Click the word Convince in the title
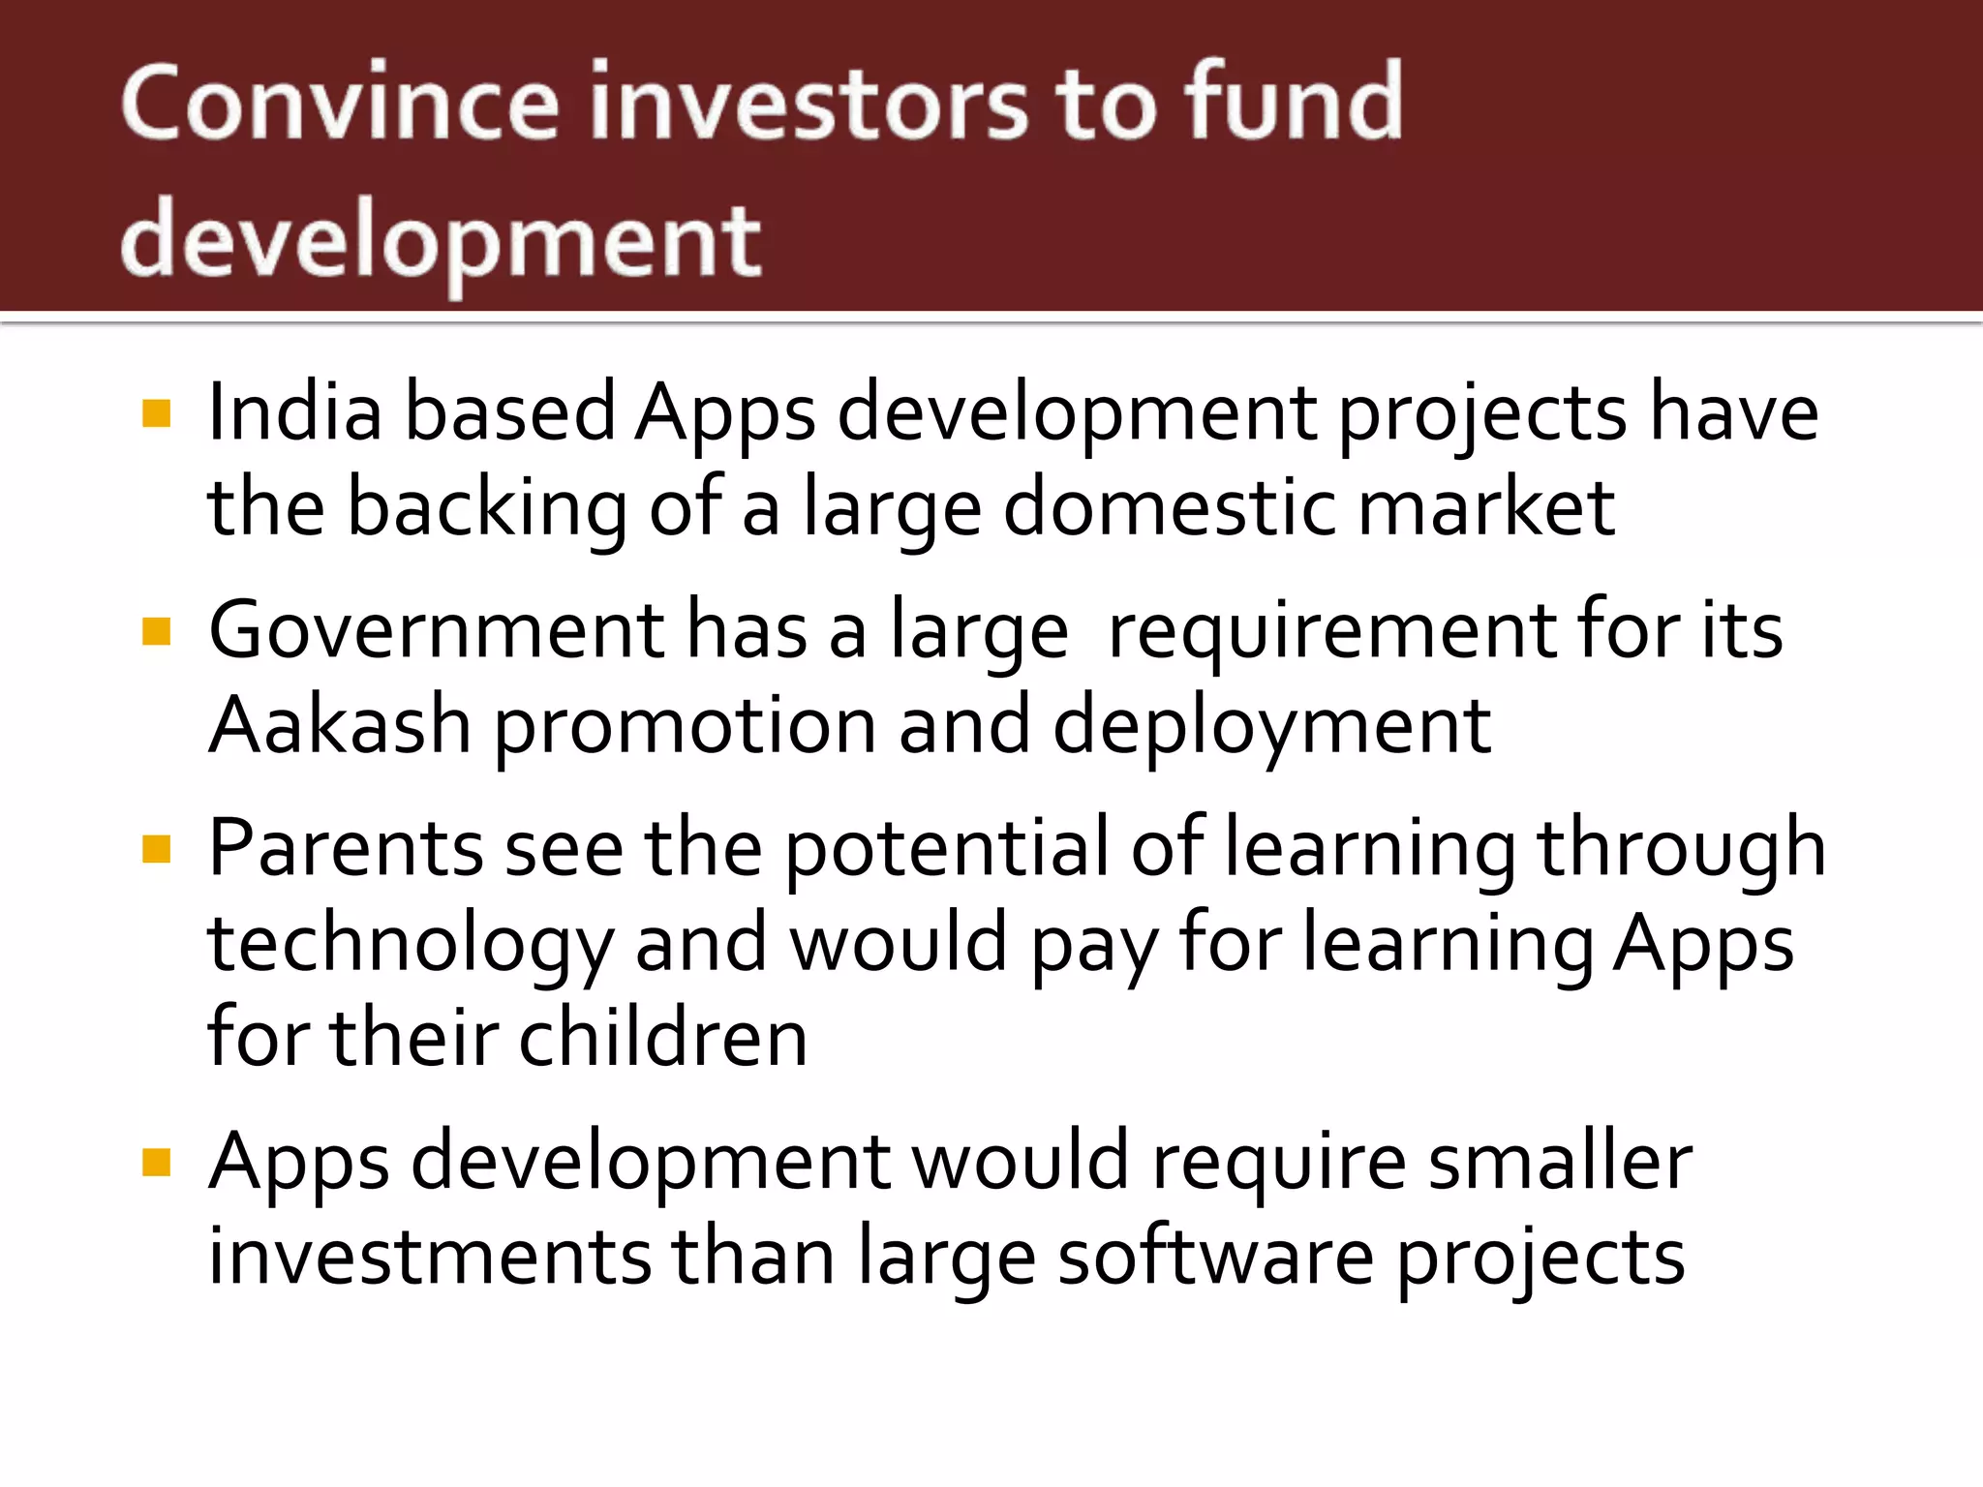click(339, 102)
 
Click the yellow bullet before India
click(156, 414)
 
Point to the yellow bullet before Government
click(156, 632)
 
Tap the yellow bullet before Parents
click(156, 849)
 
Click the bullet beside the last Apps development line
click(156, 1163)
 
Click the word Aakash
click(339, 726)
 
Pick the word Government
click(436, 631)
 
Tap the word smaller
click(1560, 1162)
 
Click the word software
click(1215, 1258)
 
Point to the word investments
click(430, 1258)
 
